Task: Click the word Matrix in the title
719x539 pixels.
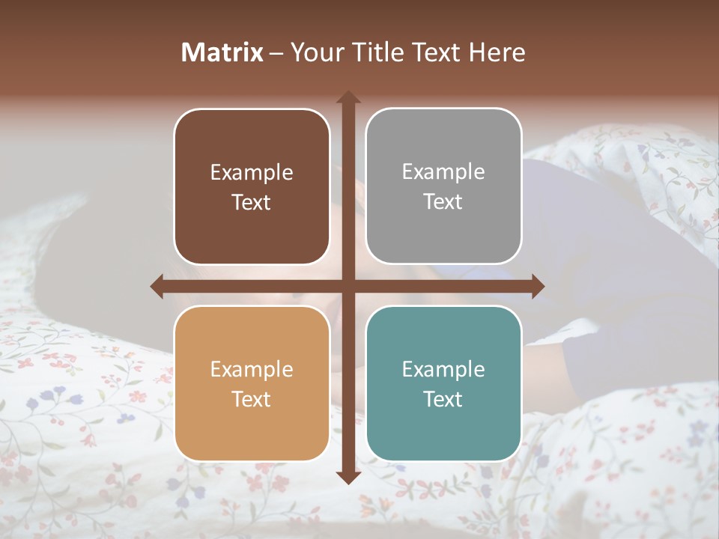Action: (x=222, y=52)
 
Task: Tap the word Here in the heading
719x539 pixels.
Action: (x=497, y=52)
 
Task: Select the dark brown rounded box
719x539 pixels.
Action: (x=252, y=186)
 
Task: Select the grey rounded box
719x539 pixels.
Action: (x=443, y=186)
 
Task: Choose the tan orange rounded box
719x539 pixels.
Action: (x=252, y=383)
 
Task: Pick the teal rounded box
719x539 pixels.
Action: (x=443, y=383)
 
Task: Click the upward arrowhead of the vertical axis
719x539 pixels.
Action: (x=348, y=97)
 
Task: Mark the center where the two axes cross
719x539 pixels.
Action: (x=348, y=286)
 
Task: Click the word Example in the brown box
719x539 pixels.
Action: (x=252, y=173)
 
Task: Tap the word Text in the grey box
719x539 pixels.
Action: (x=443, y=202)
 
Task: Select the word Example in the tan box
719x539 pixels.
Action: (x=252, y=370)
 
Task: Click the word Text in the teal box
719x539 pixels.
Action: (x=443, y=399)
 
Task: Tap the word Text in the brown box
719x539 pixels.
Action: (x=252, y=203)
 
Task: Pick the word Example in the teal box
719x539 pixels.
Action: (x=443, y=370)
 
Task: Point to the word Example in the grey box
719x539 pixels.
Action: (x=443, y=172)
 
